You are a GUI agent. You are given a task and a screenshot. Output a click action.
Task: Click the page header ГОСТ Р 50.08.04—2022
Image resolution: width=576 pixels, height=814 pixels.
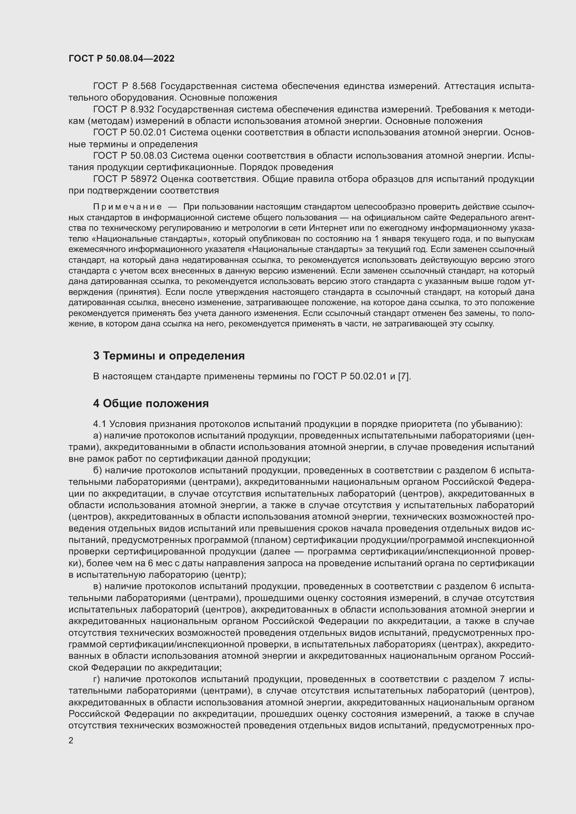click(x=121, y=58)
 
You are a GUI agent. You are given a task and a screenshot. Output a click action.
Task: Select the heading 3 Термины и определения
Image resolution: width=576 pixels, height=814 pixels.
click(x=169, y=356)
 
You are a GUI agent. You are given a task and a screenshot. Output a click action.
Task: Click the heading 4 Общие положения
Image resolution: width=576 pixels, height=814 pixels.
click(x=151, y=403)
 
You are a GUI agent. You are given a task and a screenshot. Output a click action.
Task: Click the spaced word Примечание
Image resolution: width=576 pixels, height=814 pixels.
click(x=127, y=207)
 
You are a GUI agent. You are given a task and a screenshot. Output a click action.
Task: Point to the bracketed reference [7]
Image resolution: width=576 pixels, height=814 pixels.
click(x=404, y=376)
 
